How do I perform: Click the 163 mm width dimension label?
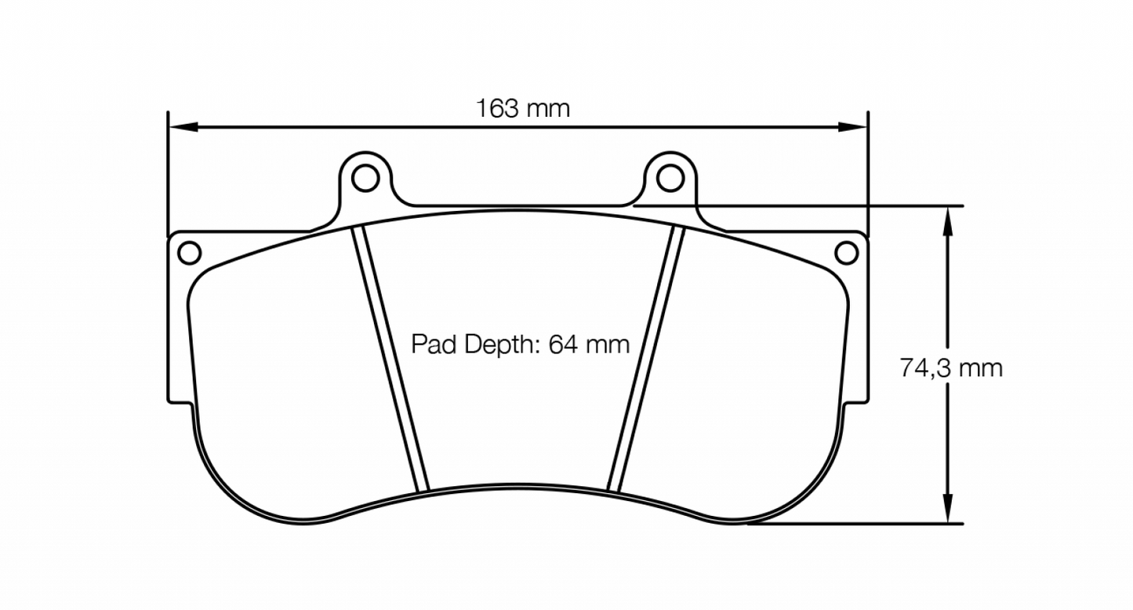click(x=523, y=108)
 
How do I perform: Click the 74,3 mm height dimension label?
click(x=950, y=368)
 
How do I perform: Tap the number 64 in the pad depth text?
click(x=562, y=344)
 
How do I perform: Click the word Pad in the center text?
click(x=434, y=344)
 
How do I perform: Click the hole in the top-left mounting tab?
click(x=365, y=178)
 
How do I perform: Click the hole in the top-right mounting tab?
click(x=669, y=178)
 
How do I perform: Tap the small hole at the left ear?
click(x=189, y=252)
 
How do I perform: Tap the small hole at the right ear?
click(x=846, y=252)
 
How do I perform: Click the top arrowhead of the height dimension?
click(x=948, y=219)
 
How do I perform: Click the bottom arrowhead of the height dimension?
click(x=948, y=510)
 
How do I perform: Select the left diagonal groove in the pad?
click(x=390, y=359)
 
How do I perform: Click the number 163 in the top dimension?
click(x=497, y=108)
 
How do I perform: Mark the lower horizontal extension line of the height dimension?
click(x=855, y=523)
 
